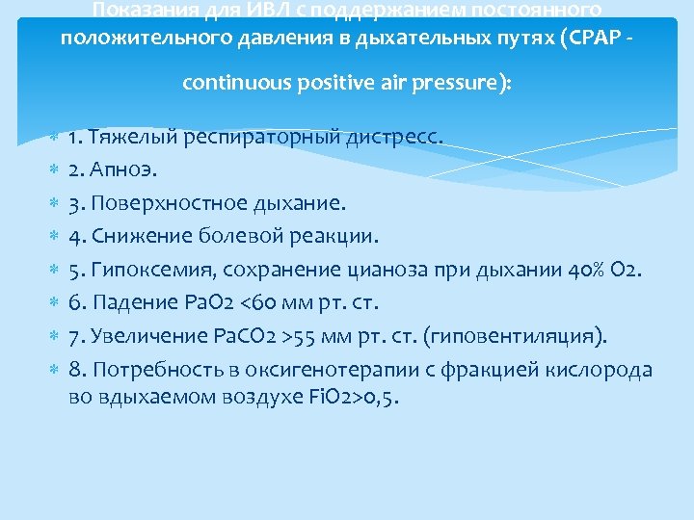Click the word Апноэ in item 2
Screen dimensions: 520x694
(124, 170)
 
